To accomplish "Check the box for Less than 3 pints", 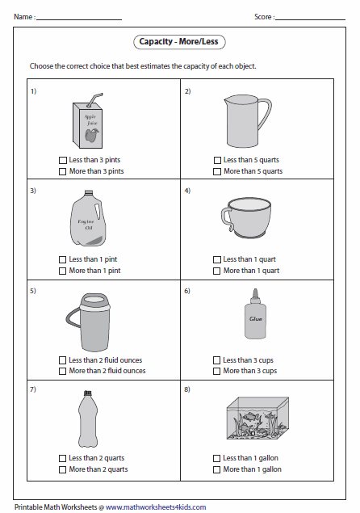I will [x=63, y=160].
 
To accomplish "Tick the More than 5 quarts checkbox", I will [x=217, y=171].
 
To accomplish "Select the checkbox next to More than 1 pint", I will [x=63, y=271].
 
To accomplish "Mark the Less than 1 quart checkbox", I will [x=217, y=259].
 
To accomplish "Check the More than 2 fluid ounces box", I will [x=63, y=371].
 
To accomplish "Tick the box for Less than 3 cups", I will [x=217, y=360].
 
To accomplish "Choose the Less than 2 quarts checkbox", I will [x=63, y=458].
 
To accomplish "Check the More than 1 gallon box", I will [x=217, y=469].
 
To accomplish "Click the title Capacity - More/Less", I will [x=179, y=41].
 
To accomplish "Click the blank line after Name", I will [x=78, y=16].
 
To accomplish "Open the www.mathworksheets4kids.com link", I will [x=155, y=507].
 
